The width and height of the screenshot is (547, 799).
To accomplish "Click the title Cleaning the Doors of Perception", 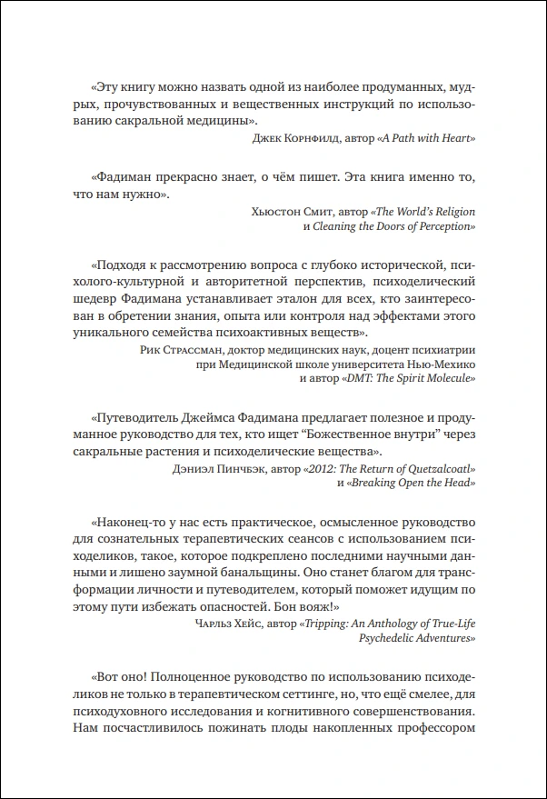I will tap(395, 225).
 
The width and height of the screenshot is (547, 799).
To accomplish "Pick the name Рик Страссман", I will tap(178, 349).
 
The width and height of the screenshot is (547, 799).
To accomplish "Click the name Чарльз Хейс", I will tap(229, 623).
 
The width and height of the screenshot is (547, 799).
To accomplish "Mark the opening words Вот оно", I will tap(118, 679).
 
